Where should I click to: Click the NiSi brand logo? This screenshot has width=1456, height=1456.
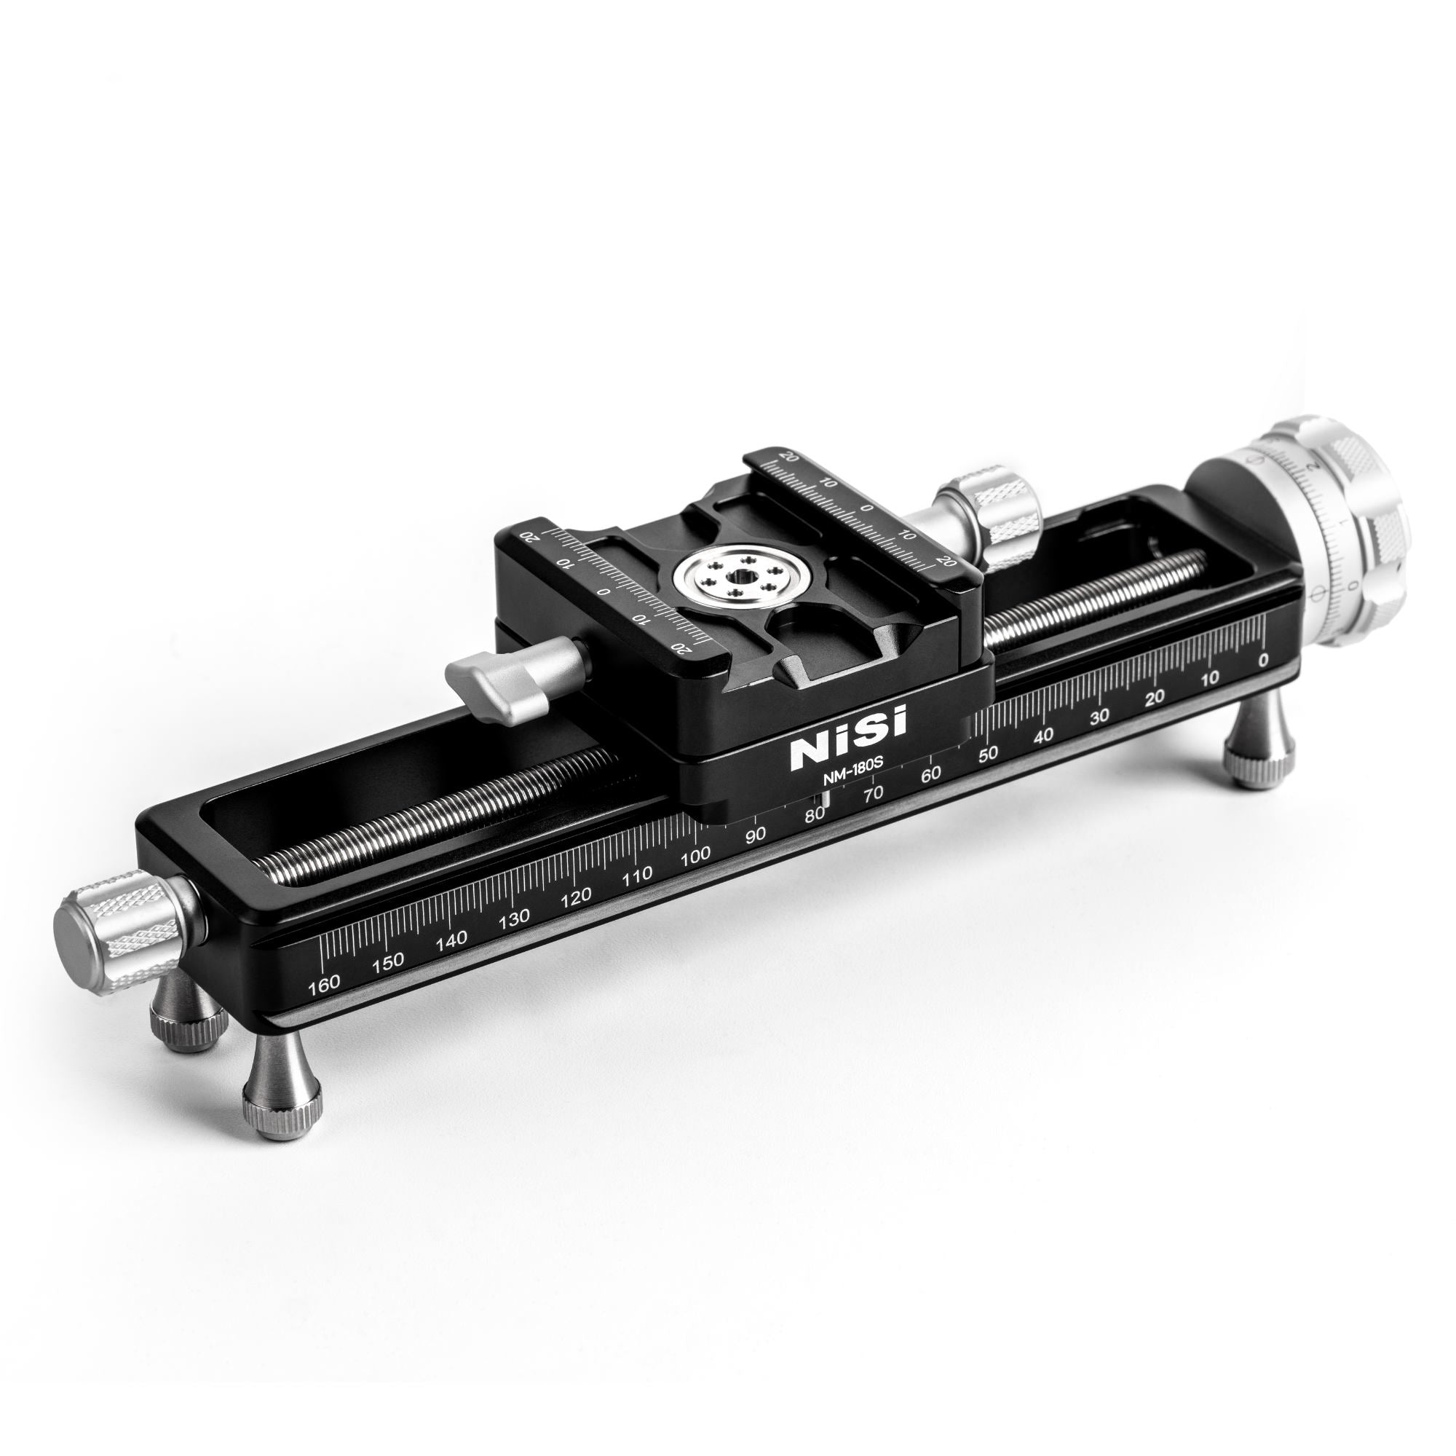coord(849,727)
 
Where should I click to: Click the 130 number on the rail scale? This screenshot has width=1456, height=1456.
coord(514,918)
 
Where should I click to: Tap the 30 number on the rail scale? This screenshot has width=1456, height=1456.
coord(1099,715)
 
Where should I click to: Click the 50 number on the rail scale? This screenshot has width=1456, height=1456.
coord(988,753)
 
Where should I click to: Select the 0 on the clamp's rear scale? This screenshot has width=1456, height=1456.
coord(868,508)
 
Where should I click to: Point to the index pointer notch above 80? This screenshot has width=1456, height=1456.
coord(827,800)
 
